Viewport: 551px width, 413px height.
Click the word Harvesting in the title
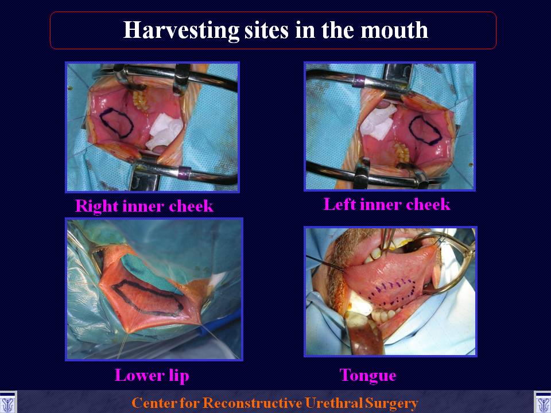tap(181, 30)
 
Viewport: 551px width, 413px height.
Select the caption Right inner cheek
tap(145, 206)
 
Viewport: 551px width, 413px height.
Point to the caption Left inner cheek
tap(386, 204)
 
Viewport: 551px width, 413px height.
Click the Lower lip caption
tap(152, 375)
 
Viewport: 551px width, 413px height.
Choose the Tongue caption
tap(367, 376)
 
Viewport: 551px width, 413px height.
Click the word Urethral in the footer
tap(333, 403)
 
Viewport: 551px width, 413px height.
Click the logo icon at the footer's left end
tap(7, 403)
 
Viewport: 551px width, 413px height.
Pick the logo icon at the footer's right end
tap(542, 403)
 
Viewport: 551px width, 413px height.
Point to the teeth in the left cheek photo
tap(402, 153)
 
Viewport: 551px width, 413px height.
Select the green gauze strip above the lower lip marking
tap(150, 271)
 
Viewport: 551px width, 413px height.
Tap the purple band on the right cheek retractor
tap(184, 173)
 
